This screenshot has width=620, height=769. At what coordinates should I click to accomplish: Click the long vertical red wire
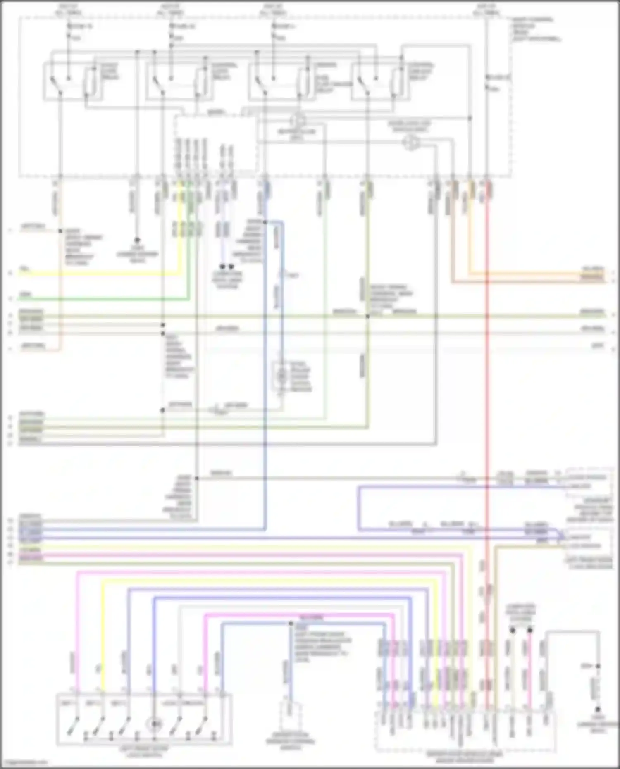tap(487, 413)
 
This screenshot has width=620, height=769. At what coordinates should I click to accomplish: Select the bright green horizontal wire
tap(103, 298)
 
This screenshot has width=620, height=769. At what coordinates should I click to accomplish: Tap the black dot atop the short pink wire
tap(530, 630)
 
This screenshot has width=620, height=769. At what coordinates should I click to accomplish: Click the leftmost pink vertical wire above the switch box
tap(77, 632)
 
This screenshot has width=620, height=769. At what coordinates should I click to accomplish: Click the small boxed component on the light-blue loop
tap(281, 376)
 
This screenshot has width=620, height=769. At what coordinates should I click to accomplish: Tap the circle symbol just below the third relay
tap(298, 121)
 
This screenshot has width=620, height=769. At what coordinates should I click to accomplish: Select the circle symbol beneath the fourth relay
tap(411, 143)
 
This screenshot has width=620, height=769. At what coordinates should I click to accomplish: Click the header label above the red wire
tap(486, 9)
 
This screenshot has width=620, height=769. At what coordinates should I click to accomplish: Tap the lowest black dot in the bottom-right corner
tap(598, 709)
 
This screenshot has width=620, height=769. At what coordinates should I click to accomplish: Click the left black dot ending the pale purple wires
tap(222, 267)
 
